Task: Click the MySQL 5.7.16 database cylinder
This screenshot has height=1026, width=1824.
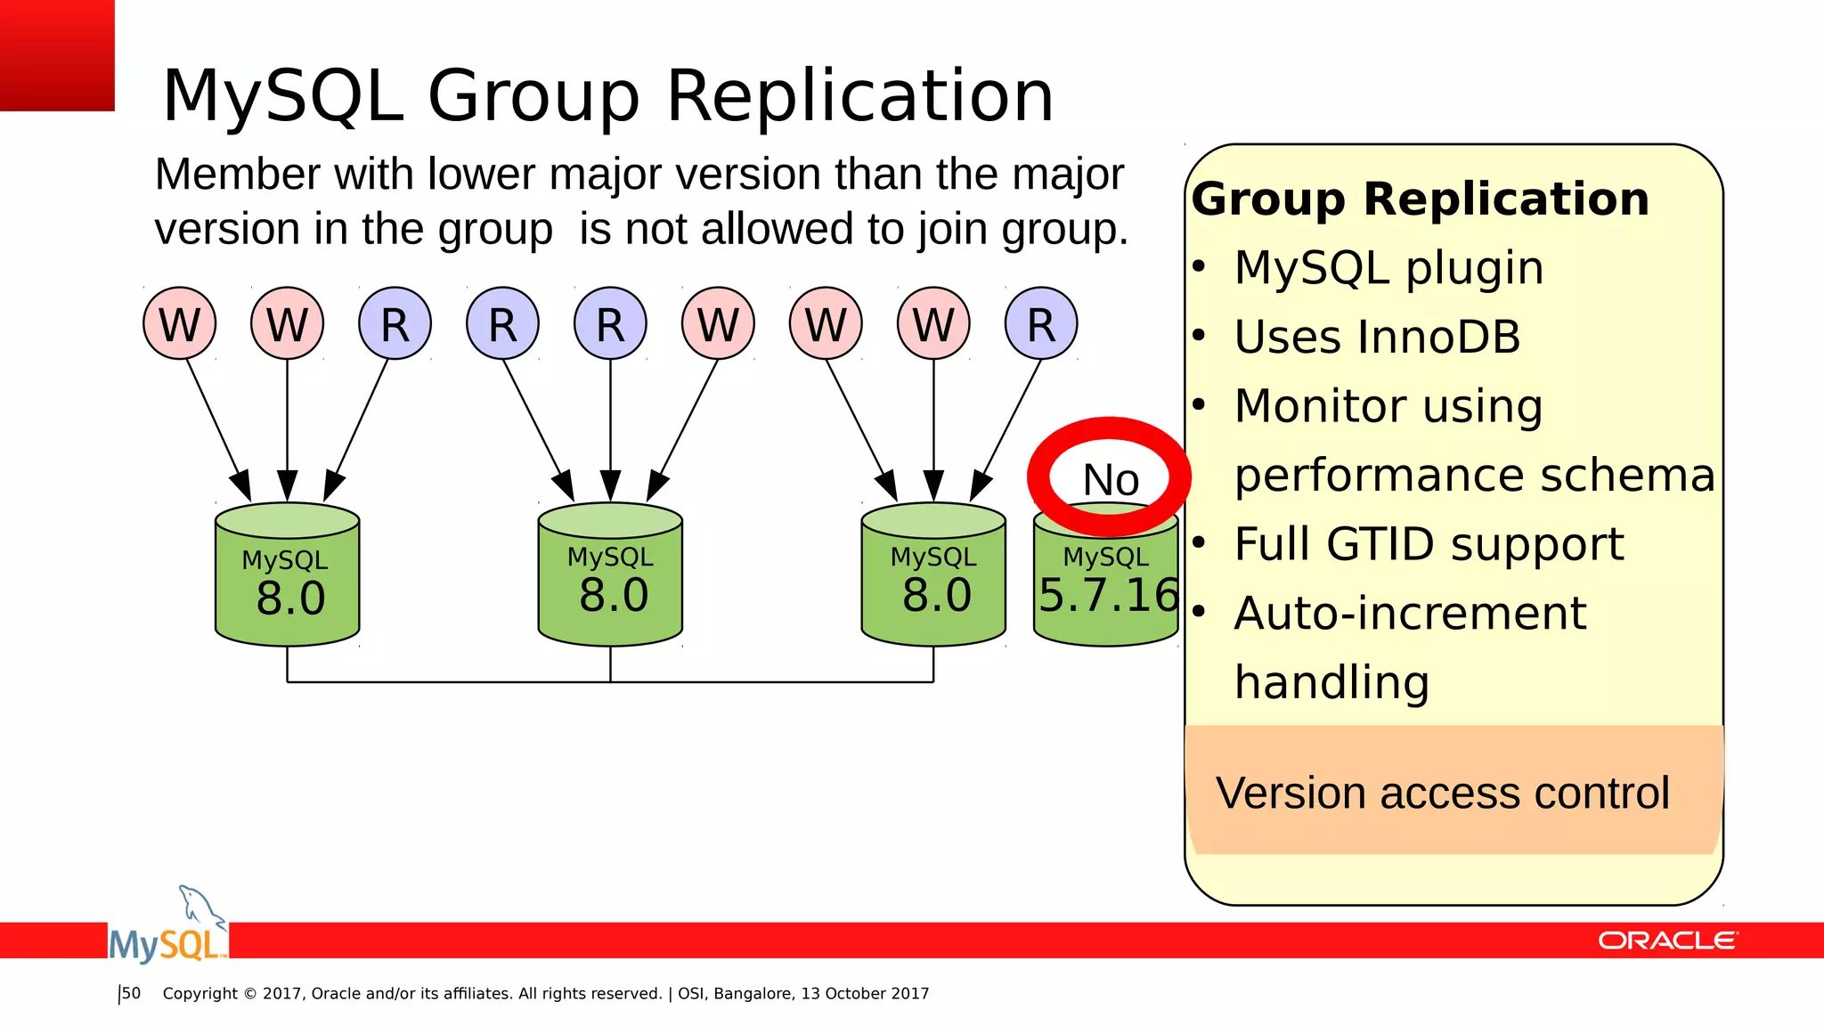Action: click(1106, 588)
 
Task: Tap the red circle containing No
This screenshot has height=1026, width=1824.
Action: click(1109, 478)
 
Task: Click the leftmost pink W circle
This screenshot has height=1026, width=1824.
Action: click(180, 323)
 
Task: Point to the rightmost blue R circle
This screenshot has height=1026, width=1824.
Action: click(1041, 323)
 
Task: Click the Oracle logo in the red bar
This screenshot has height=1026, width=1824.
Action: click(1666, 940)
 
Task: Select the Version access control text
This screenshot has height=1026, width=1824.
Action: click(1443, 793)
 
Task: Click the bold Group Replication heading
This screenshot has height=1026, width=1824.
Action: click(1421, 199)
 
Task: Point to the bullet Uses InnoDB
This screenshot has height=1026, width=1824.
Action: click(1377, 337)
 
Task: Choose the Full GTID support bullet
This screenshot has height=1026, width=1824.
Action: click(1429, 544)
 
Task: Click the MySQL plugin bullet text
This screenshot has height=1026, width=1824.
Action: click(1388, 267)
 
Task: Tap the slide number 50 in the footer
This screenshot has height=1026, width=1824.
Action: click(132, 993)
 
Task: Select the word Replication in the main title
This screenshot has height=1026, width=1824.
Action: click(859, 95)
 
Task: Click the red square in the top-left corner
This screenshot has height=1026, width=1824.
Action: click(57, 55)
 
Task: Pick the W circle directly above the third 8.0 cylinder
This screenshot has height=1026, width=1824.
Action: click(933, 323)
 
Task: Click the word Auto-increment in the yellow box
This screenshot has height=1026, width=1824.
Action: click(1410, 613)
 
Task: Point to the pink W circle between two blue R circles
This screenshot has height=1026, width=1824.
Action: click(718, 323)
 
